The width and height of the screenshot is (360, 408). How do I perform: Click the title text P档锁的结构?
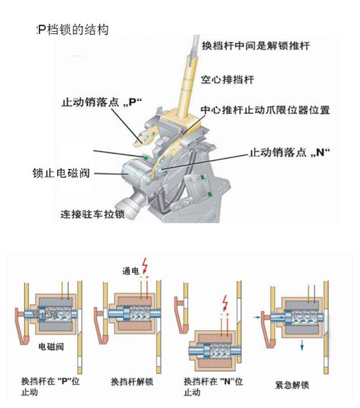pos(72,30)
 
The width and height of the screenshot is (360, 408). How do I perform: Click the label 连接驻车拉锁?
pos(93,214)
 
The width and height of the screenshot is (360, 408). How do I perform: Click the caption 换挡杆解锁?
pos(134,382)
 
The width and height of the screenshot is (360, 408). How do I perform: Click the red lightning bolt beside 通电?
pos(146,267)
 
